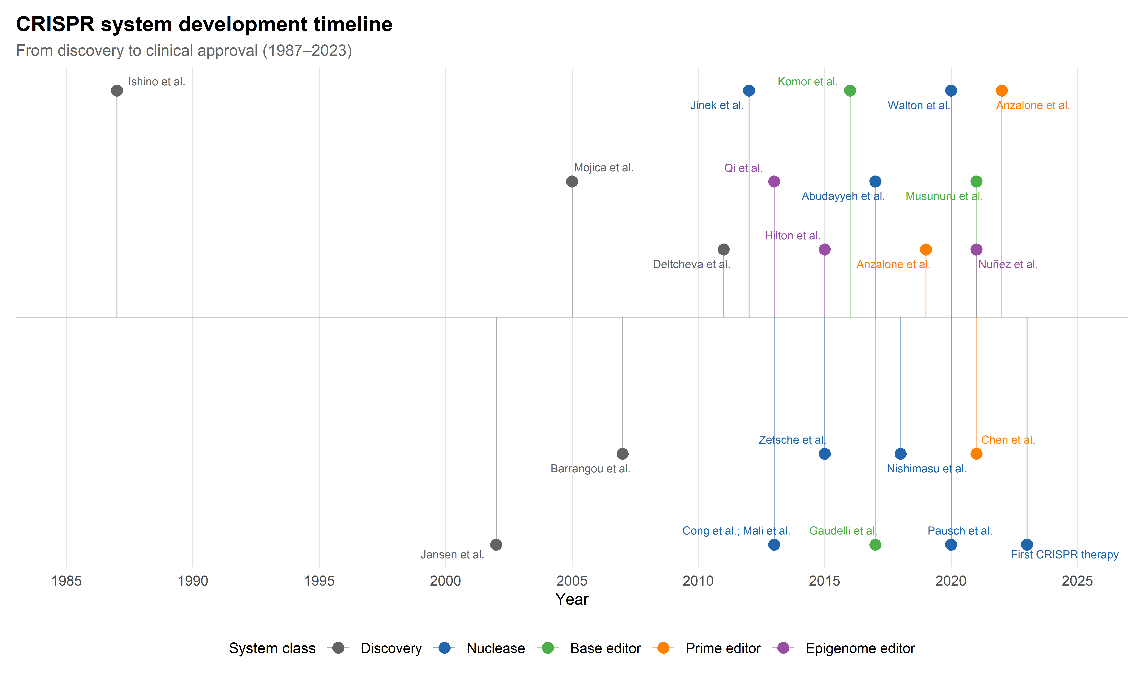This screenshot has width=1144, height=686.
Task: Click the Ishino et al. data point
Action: tap(117, 91)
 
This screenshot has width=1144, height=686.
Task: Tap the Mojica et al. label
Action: tap(603, 168)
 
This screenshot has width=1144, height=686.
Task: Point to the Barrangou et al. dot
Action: tap(622, 454)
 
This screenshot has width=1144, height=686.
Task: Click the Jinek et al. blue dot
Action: tap(749, 91)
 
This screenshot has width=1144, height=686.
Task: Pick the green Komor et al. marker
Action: tap(850, 91)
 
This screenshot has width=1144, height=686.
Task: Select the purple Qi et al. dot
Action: tap(774, 182)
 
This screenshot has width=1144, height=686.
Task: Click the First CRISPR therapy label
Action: tap(1064, 555)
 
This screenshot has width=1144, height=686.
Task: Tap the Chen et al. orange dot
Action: tap(976, 454)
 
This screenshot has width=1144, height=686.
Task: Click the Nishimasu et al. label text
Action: tap(926, 469)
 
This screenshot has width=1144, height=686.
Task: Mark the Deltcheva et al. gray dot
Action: tap(724, 250)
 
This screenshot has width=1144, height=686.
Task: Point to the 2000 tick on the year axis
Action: tap(445, 581)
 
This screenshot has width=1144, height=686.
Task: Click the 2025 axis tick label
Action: tap(1077, 581)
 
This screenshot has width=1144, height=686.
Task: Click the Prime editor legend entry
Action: tap(723, 649)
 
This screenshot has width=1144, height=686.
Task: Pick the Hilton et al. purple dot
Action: tap(824, 250)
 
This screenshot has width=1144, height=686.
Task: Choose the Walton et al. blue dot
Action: tap(951, 91)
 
